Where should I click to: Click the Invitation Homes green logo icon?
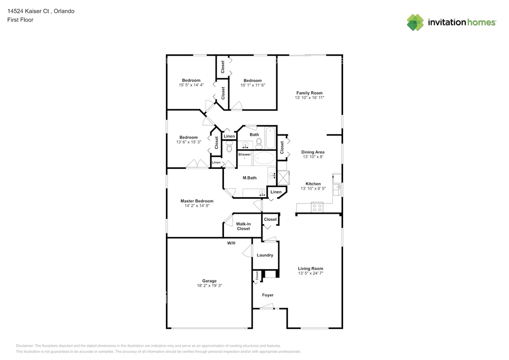(415, 22)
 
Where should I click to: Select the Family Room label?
(309, 93)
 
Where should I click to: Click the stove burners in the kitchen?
(317, 207)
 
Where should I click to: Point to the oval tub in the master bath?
(264, 158)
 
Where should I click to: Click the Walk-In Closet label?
(243, 226)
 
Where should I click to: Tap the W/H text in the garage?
(231, 243)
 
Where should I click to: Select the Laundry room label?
(265, 255)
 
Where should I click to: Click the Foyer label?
(267, 295)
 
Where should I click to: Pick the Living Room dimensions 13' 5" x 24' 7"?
(310, 273)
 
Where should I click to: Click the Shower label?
(244, 154)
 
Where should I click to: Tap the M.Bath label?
(250, 178)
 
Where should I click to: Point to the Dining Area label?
(313, 152)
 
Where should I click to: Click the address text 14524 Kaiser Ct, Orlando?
(41, 11)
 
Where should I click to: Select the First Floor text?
(20, 20)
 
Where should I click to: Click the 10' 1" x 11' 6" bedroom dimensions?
(253, 85)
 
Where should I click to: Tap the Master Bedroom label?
(197, 201)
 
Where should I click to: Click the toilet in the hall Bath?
(259, 142)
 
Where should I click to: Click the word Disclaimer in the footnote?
(25, 346)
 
